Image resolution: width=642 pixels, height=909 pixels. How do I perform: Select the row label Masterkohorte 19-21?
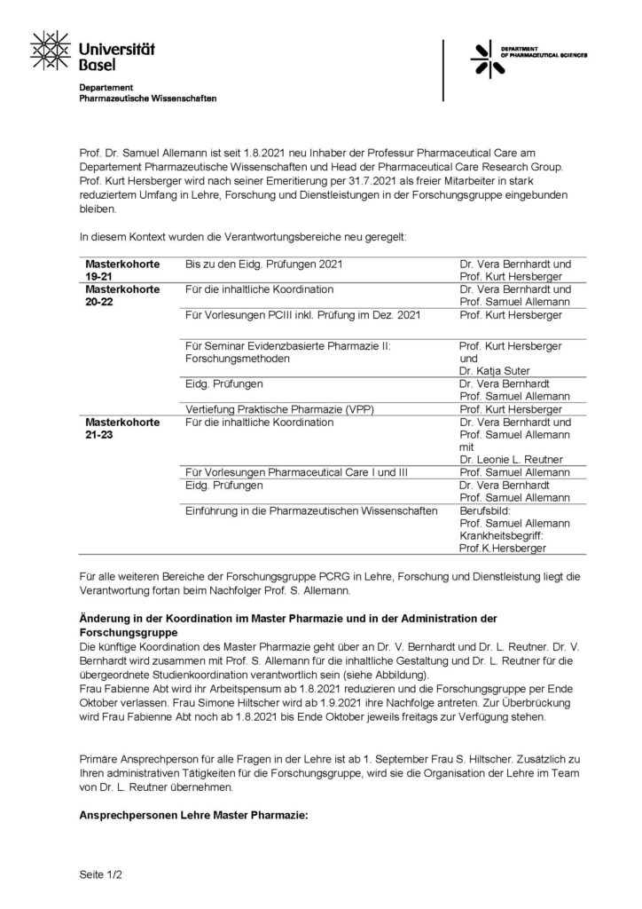[121, 271]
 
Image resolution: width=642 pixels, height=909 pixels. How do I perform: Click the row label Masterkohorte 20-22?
[121, 296]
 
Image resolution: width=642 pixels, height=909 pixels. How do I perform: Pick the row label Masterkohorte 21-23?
[121, 428]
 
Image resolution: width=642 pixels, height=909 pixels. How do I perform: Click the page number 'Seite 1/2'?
[100, 874]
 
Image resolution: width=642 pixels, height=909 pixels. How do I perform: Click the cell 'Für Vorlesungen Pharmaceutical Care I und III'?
[296, 473]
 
